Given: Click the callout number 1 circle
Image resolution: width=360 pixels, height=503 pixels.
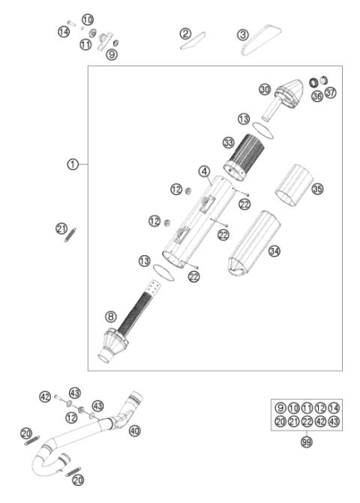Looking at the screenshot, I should coord(72,164).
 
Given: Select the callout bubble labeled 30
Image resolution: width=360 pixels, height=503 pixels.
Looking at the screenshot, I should coord(265,89).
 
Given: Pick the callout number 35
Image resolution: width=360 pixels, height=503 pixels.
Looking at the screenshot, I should coord(317,189).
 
